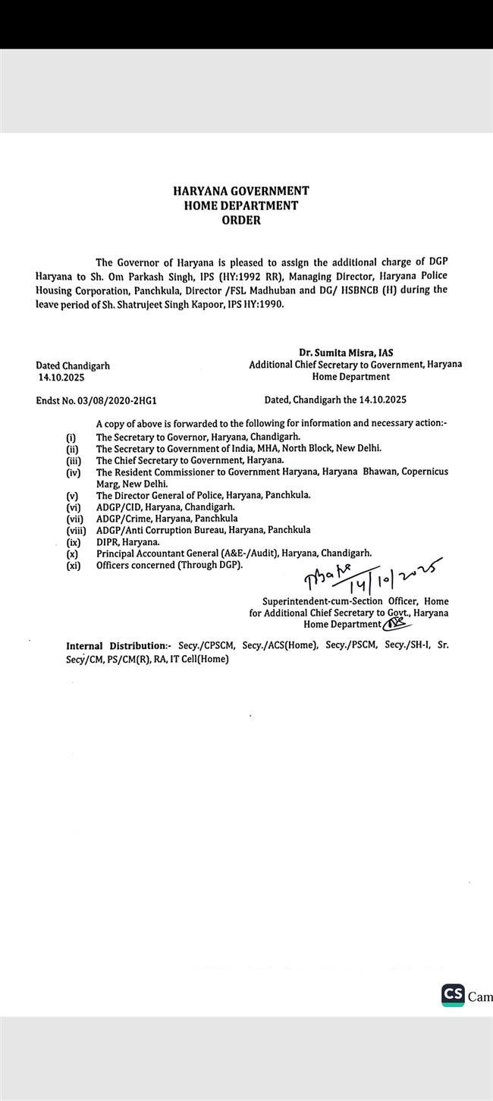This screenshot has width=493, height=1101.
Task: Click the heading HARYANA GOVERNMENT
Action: [241, 191]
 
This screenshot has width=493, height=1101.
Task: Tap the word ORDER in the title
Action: [241, 221]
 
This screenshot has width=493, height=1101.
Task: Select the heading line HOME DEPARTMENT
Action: [241, 205]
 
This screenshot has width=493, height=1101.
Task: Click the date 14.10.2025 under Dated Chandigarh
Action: [61, 377]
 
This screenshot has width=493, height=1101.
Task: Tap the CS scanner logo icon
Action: [453, 996]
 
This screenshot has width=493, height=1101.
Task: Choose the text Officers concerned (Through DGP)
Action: [169, 566]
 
